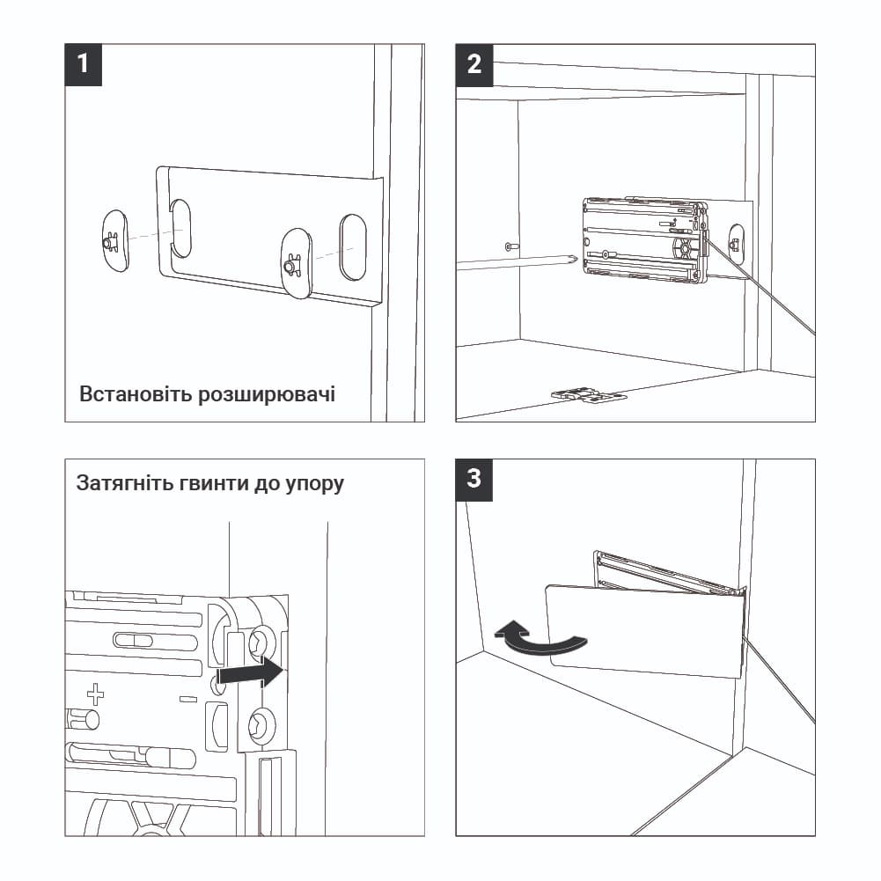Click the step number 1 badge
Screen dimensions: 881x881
pos(84,65)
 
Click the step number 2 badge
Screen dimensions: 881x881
pos(474,65)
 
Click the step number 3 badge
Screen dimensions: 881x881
pos(474,479)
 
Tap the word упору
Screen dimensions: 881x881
pos(315,484)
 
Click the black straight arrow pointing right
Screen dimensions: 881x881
pos(251,673)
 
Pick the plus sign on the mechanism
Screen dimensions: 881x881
pos(95,695)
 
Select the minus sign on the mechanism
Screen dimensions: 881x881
pos(187,699)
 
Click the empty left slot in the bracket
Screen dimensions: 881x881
pos(180,228)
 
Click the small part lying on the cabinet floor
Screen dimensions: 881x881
pos(589,397)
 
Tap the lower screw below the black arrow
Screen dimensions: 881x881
pos(261,724)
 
